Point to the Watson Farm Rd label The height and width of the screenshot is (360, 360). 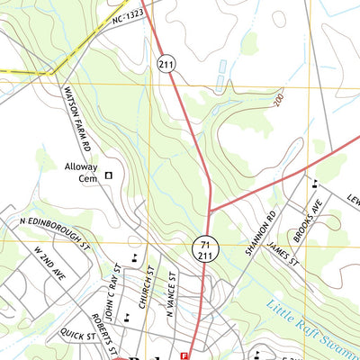tap(76, 118)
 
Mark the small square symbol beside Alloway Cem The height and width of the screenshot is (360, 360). tap(110, 175)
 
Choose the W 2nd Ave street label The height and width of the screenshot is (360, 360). tap(45, 261)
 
